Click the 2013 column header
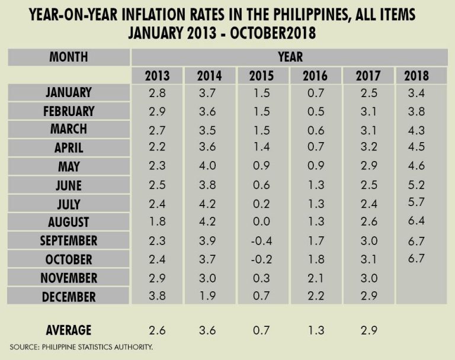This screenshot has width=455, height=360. pos(156,76)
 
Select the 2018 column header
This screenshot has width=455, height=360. pos(416,76)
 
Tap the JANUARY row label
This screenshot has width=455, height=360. pos(69,92)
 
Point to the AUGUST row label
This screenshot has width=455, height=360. pos(69,222)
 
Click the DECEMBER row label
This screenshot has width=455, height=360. pos(69,297)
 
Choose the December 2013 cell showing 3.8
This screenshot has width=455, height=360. pos(156,297)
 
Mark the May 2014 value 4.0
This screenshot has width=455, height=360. pos(210,166)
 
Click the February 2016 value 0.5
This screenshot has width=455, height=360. pos(314,111)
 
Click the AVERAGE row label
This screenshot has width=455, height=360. pos(69,330)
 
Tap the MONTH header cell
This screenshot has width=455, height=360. pos(69,57)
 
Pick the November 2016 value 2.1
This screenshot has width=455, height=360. pos(314,278)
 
